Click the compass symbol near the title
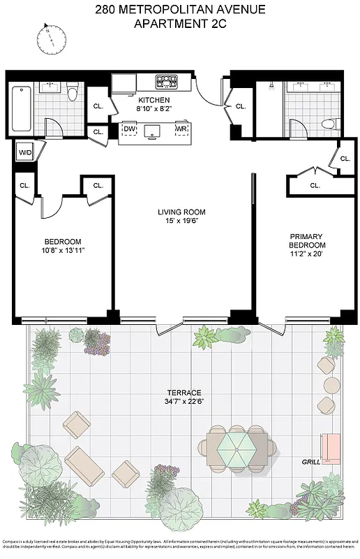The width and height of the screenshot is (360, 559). point(51,39)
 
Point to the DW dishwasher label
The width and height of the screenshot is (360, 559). point(129,129)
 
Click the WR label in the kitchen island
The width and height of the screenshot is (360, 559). point(181,129)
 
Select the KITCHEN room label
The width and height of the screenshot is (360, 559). point(154,100)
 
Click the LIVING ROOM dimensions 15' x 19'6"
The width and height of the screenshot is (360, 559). point(181,222)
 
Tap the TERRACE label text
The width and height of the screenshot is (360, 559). point(184,393)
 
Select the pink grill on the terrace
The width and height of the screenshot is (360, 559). point(329,447)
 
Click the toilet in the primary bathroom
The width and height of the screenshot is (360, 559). point(328,125)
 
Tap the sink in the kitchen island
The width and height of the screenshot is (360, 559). point(154,130)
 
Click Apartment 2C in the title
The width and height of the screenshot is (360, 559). point(181,24)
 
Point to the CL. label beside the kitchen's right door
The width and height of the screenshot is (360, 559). point(241,106)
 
